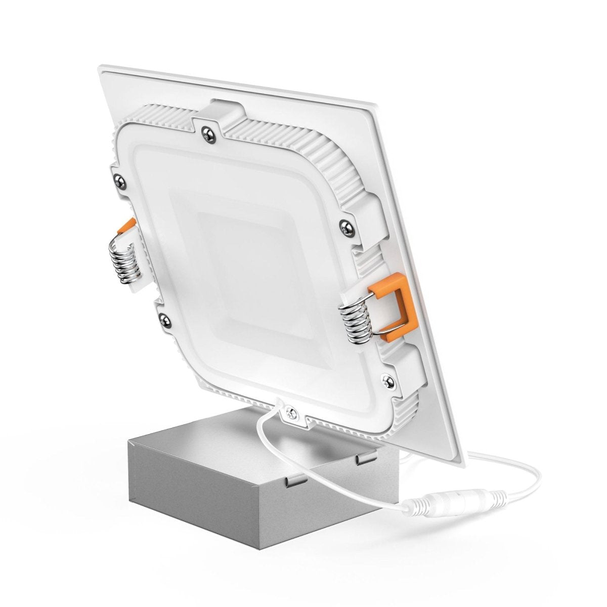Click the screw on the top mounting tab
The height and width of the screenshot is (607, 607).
207,133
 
